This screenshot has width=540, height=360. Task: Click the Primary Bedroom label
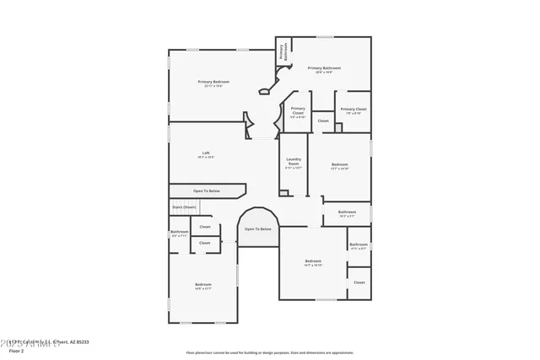[213, 82]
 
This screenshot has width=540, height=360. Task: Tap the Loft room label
[206, 153]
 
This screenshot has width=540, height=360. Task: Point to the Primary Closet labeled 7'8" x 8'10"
[354, 109]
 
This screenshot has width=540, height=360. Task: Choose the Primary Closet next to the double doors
[298, 109]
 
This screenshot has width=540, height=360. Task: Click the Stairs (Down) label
[184, 207]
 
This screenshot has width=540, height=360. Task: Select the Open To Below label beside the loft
[207, 191]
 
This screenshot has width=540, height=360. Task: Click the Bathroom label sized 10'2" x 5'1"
[347, 212]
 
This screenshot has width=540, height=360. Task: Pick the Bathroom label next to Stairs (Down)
[180, 232]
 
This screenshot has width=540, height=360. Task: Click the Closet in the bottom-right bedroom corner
[359, 282]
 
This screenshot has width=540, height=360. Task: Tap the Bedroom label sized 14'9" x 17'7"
[203, 285]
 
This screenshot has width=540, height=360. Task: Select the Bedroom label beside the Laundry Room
[339, 164]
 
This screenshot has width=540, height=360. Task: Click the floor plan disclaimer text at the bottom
[270, 352]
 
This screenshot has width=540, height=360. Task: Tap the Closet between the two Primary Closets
[323, 121]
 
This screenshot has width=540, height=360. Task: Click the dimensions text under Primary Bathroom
[324, 73]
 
